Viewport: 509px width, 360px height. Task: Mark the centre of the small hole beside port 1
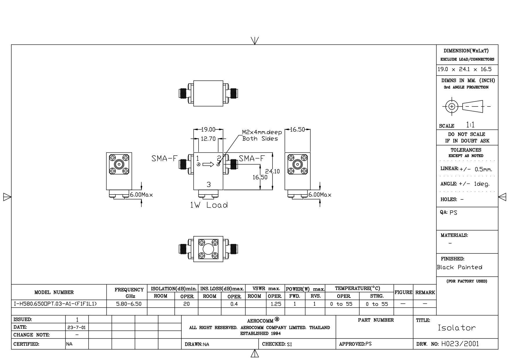tap(198, 165)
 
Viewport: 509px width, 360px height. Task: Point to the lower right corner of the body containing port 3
tap(223, 190)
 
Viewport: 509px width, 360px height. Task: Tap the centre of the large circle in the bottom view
tap(208, 249)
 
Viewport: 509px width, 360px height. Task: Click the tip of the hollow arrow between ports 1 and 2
tap(214, 165)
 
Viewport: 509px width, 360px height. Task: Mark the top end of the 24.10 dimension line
tap(272, 153)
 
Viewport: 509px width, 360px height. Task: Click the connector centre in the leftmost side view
tap(119, 165)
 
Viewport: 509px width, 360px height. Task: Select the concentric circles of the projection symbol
tap(452, 106)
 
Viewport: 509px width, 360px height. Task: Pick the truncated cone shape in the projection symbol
tap(473, 106)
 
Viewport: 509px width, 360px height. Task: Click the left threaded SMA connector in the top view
tap(183, 93)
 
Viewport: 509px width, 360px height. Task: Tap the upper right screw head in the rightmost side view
tap(304, 158)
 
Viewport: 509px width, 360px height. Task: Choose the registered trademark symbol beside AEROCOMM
tap(277, 320)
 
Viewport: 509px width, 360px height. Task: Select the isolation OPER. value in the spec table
tap(186, 304)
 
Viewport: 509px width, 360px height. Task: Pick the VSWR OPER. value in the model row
tap(276, 304)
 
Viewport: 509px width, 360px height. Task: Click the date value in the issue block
tap(77, 327)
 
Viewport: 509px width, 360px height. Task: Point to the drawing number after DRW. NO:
tap(460, 344)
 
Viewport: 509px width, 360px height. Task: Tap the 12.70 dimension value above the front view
tap(208, 139)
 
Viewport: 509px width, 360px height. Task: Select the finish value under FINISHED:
tap(460, 267)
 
